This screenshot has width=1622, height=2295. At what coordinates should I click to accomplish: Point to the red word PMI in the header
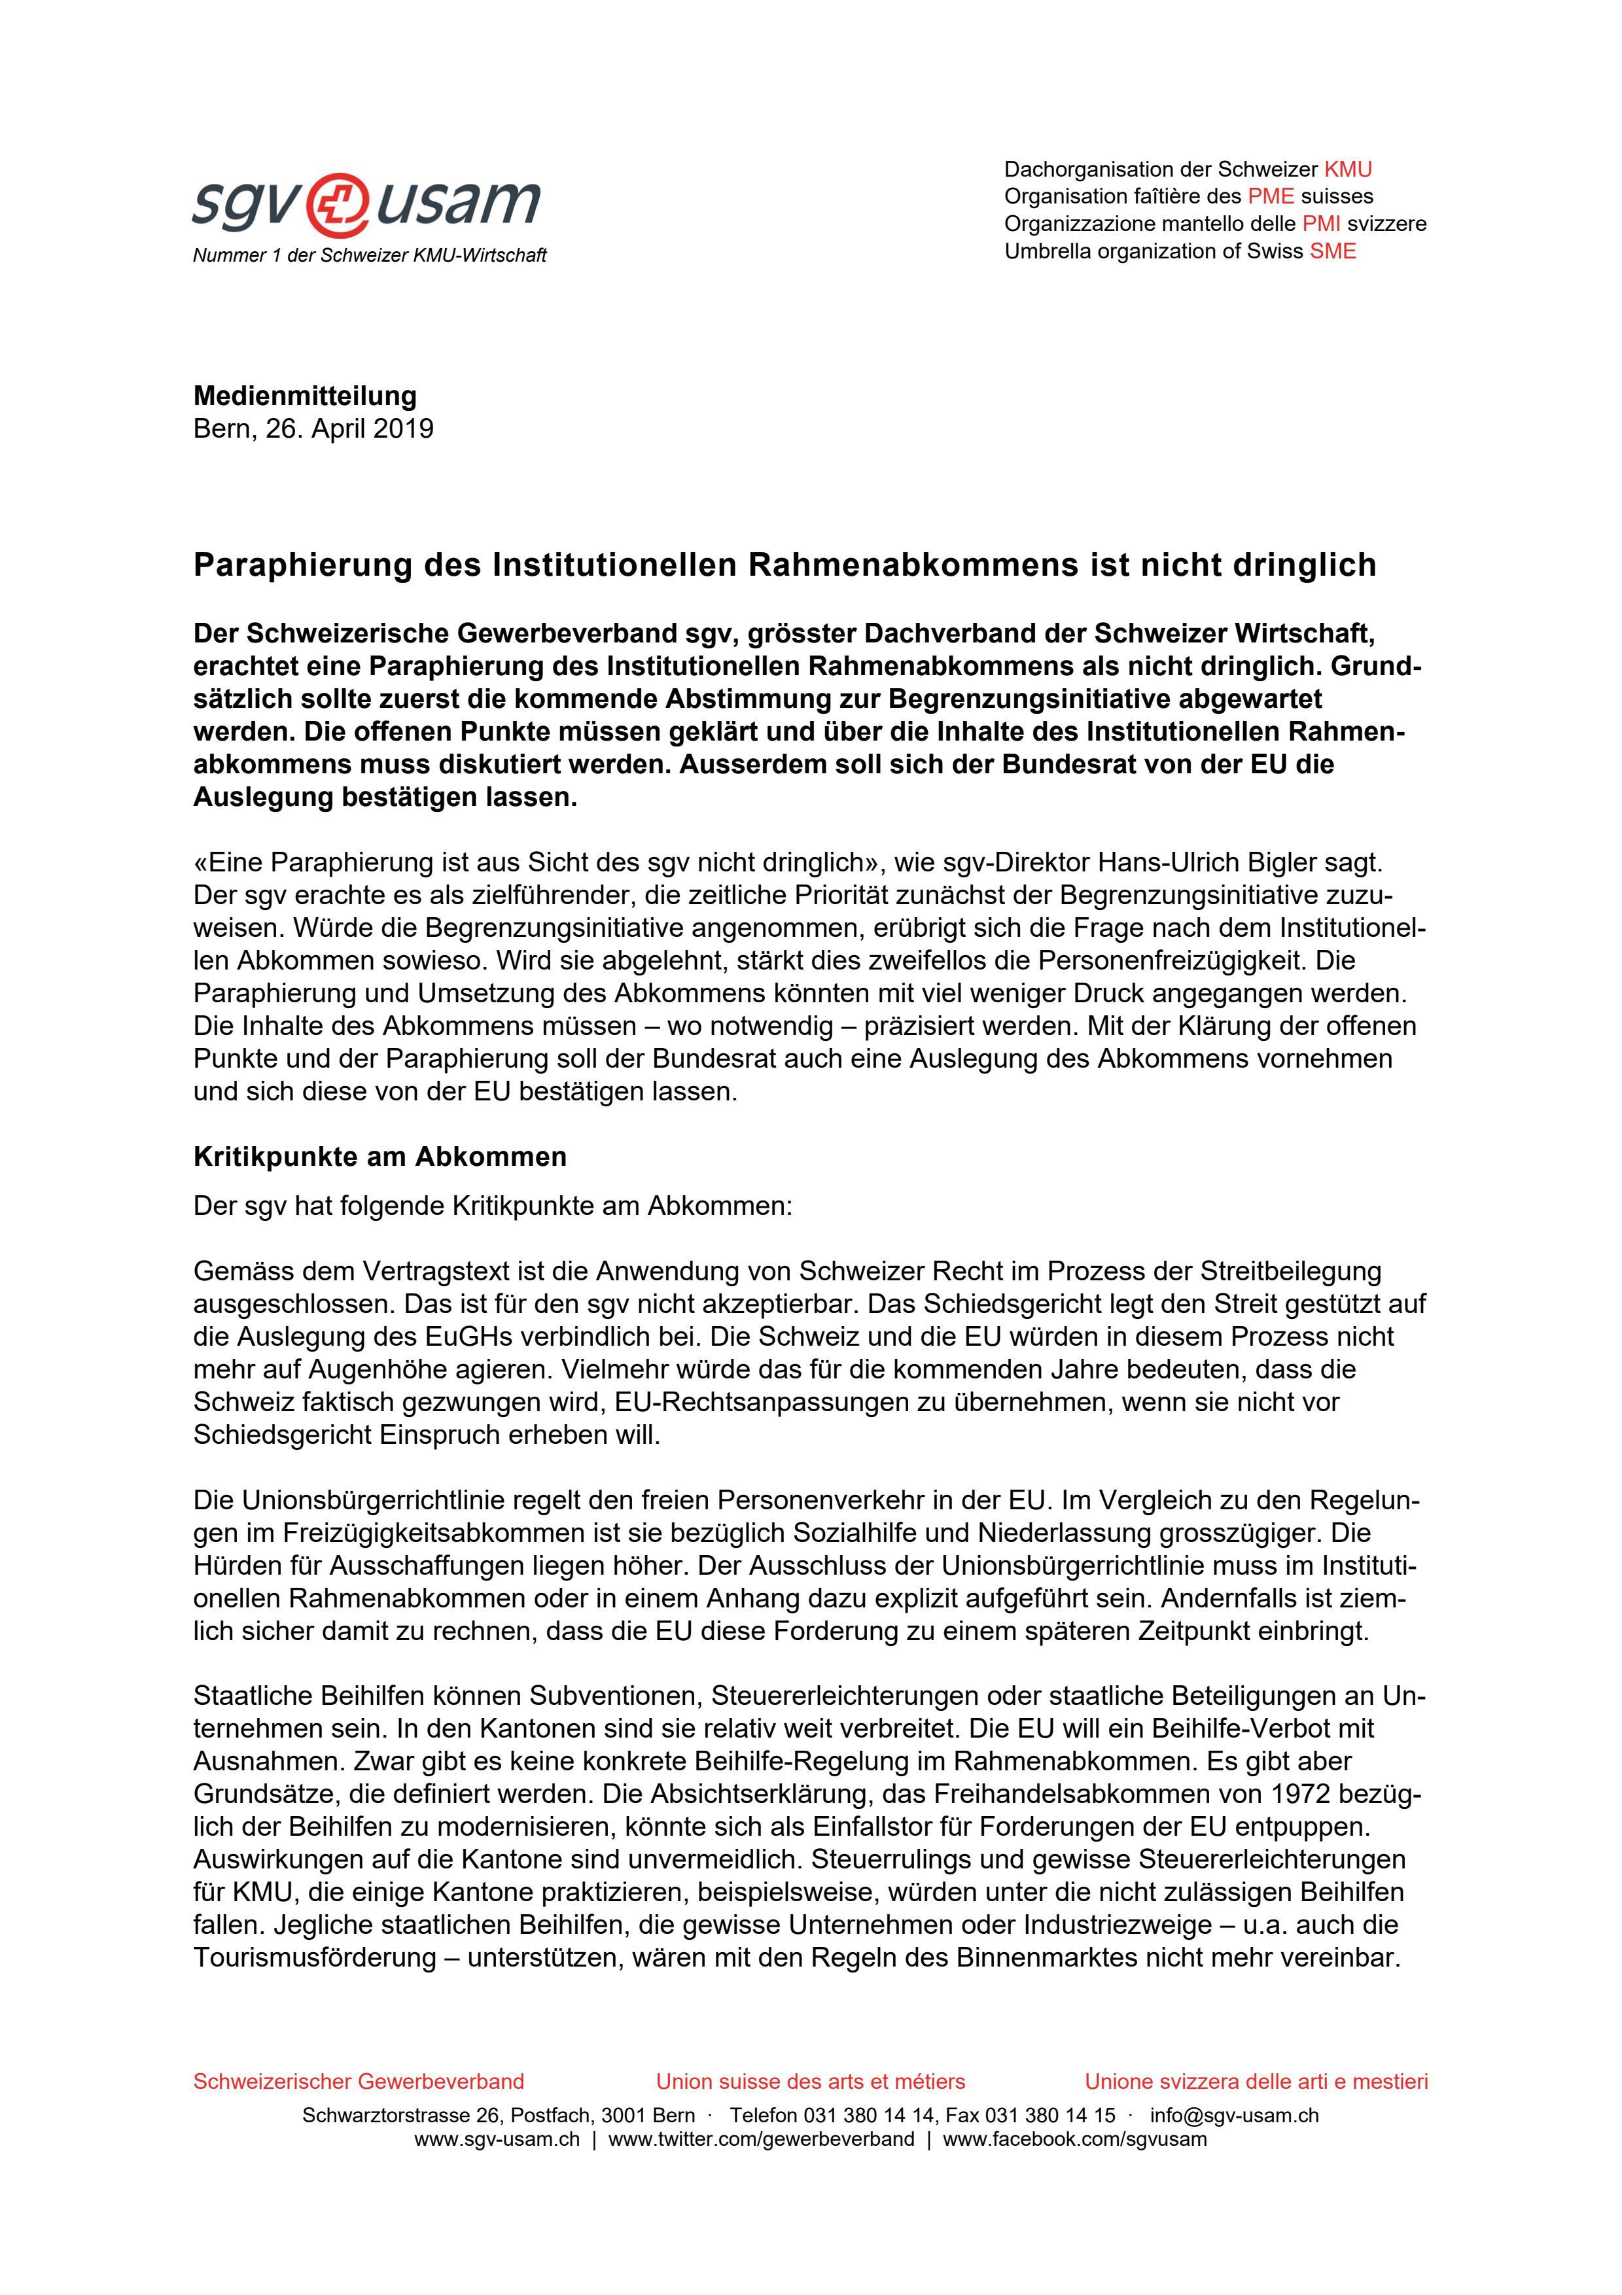(1321, 224)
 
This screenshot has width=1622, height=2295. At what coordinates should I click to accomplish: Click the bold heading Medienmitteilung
(305, 396)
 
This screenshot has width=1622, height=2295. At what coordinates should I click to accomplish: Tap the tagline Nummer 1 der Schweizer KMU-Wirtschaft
(370, 256)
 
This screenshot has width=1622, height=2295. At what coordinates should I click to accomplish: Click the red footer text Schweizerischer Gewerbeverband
(359, 2082)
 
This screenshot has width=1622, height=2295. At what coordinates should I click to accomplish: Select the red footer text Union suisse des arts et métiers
(811, 2082)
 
